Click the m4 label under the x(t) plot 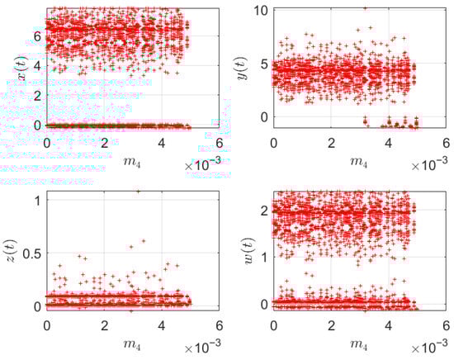click(x=118, y=157)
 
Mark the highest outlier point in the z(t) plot click(x=138, y=192)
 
